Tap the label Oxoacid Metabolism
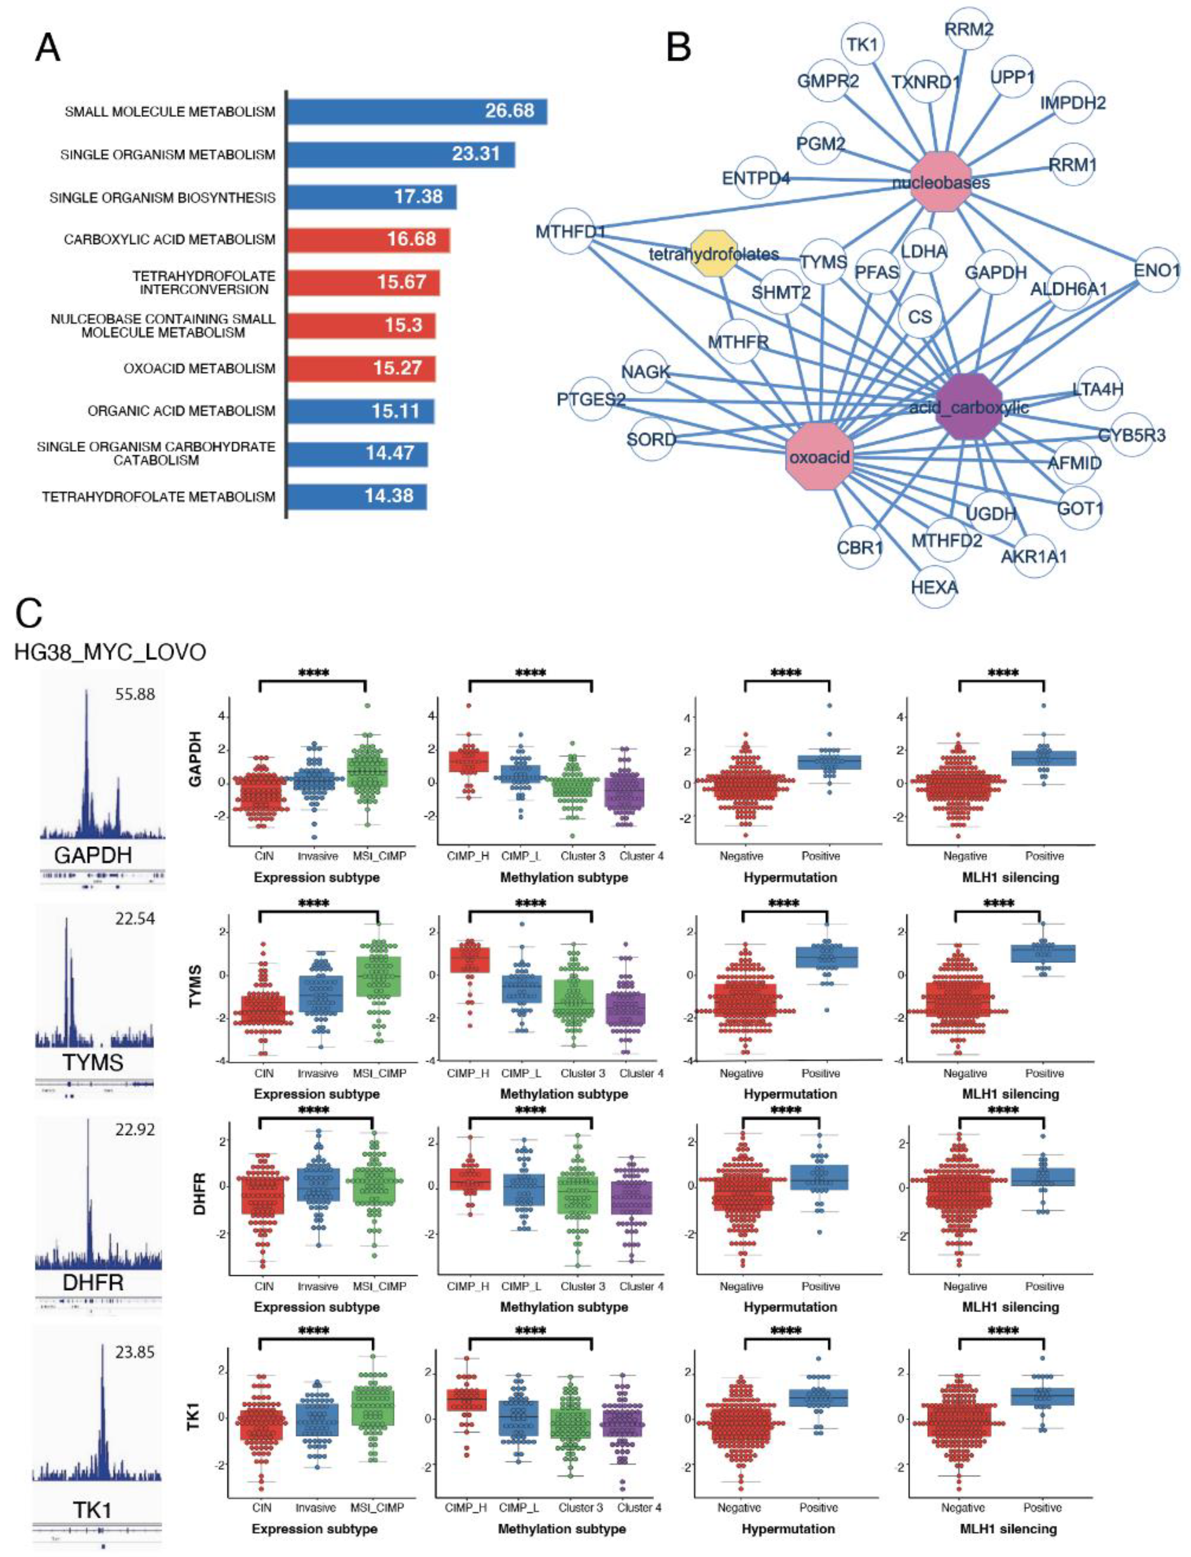(198, 369)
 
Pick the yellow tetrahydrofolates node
(714, 253)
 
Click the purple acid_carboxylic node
(969, 406)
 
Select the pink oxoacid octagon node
(820, 456)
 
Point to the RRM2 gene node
(969, 29)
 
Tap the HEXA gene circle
(934, 587)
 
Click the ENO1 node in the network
(1156, 270)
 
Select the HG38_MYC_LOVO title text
(110, 651)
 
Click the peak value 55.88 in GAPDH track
(135, 694)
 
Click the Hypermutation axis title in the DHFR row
(790, 1307)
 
